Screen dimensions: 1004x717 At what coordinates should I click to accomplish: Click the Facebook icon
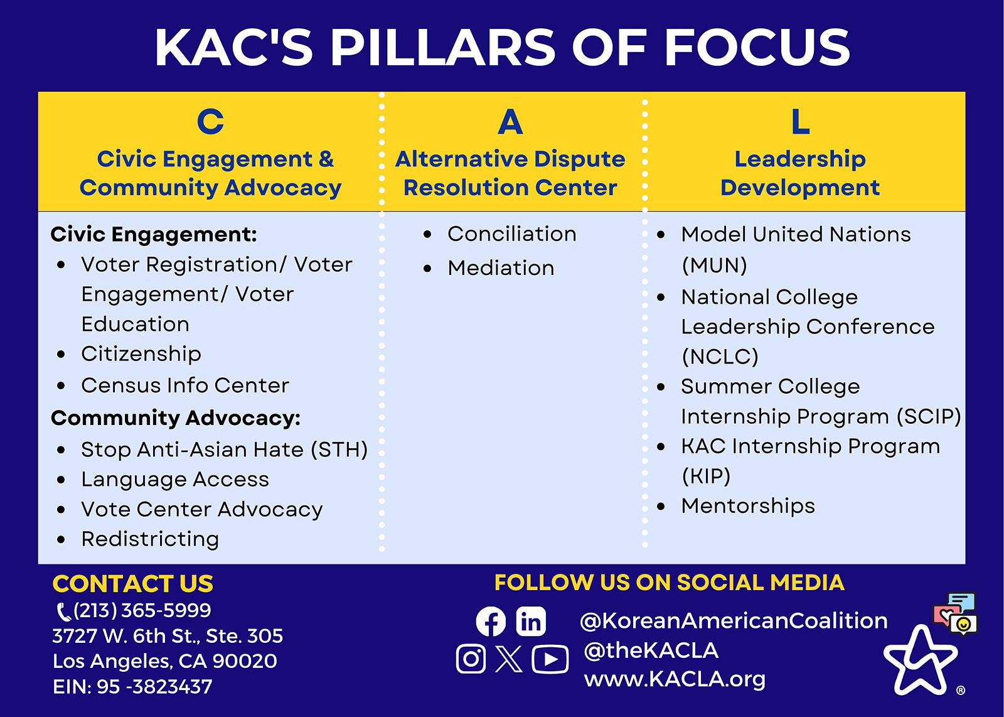point(491,622)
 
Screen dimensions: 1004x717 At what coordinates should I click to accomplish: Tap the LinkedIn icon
point(531,622)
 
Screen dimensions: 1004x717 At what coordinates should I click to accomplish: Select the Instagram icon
point(471,659)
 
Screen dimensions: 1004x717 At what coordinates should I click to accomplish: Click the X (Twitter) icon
point(509,659)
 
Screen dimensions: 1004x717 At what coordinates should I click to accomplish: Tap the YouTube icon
point(550,659)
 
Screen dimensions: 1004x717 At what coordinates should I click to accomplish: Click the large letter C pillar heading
point(210,122)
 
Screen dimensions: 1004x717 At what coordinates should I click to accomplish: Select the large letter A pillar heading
point(510,122)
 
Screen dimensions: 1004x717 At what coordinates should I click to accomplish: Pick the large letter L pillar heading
point(801,122)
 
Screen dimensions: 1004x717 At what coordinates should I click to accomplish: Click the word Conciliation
point(512,234)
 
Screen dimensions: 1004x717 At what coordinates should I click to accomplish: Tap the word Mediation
point(501,268)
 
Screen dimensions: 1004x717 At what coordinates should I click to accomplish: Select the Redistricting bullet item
point(150,539)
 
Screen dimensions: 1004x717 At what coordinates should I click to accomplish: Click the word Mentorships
point(748,507)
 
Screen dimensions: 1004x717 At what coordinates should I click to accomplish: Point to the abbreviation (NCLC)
point(720,357)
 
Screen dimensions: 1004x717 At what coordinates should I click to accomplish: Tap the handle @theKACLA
point(651,650)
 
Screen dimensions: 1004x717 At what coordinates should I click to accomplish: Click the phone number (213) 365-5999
point(142,611)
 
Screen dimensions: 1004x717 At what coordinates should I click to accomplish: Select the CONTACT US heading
point(132,584)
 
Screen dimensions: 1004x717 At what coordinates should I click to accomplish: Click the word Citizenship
point(141,354)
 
